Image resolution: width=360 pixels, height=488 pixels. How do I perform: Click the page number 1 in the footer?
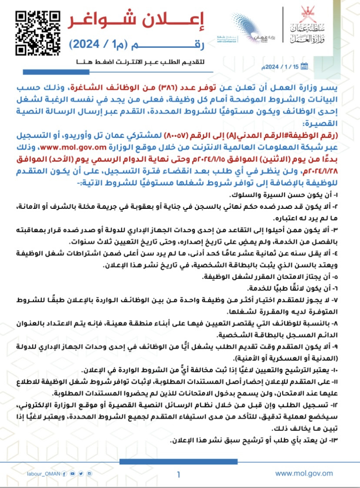(x=179, y=473)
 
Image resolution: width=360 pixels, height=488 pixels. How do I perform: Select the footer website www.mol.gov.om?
(x=304, y=473)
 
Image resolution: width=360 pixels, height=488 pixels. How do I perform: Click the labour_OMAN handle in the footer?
(x=43, y=474)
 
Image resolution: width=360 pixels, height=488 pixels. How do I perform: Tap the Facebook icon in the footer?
(x=65, y=474)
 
